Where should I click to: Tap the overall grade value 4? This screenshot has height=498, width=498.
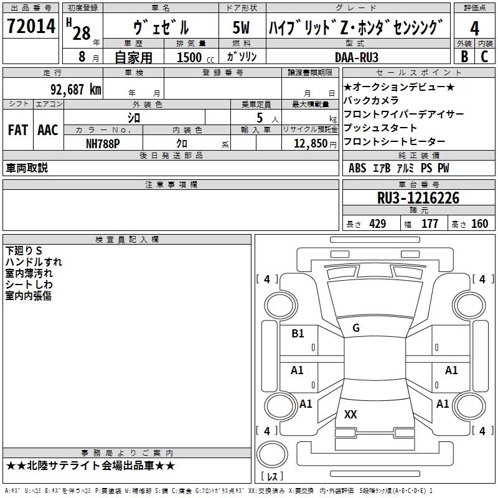(474, 29)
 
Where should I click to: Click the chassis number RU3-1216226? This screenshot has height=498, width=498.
(418, 198)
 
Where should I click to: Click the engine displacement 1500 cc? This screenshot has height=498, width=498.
(190, 57)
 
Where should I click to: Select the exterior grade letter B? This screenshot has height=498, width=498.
(464, 57)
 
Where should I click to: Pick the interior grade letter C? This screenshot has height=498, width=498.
(484, 57)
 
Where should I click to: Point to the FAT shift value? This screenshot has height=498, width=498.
(18, 130)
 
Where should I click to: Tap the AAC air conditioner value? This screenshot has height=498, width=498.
(47, 130)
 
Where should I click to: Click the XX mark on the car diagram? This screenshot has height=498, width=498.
(350, 414)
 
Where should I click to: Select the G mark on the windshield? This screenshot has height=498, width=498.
(356, 328)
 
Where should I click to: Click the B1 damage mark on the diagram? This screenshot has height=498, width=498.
(298, 334)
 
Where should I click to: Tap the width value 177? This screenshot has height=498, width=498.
(430, 224)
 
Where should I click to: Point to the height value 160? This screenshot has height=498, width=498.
(479, 224)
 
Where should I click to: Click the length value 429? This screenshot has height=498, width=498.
(377, 224)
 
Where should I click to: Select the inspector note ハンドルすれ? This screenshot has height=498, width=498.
(34, 261)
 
